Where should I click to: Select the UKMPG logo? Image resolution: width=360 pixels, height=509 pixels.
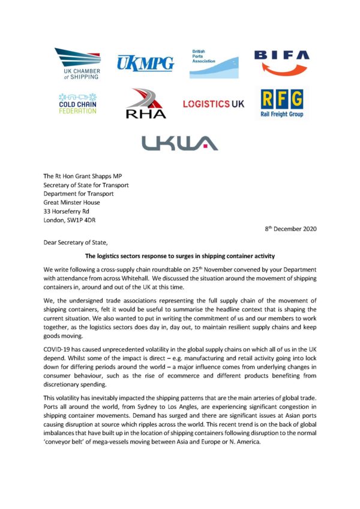click(x=145, y=62)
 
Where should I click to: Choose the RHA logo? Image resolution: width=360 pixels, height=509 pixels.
click(x=146, y=104)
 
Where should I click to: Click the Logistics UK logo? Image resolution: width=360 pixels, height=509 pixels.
click(x=214, y=104)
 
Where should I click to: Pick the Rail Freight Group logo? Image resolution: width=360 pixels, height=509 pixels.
click(x=281, y=103)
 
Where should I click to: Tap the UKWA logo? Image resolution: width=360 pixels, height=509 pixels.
click(x=179, y=143)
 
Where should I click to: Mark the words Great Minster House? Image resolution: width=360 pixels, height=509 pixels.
click(x=74, y=202)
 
